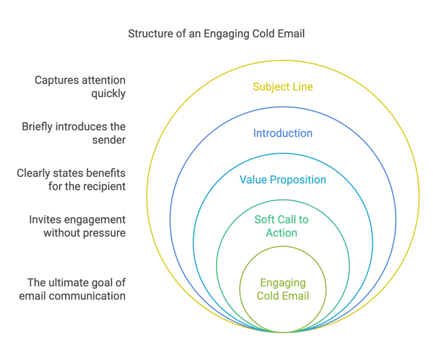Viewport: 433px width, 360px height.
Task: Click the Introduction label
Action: (283, 134)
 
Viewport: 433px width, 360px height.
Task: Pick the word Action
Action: (283, 234)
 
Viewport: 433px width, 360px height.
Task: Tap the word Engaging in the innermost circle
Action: (283, 283)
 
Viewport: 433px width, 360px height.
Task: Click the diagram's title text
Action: (216, 35)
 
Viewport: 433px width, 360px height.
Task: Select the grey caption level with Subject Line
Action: (80, 87)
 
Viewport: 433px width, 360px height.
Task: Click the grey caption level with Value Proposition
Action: (73, 180)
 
